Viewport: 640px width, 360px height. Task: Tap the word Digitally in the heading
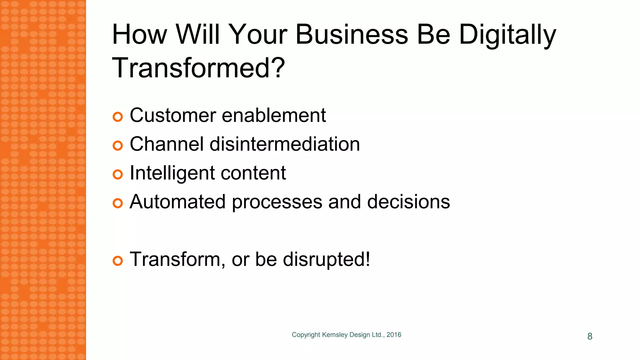[x=507, y=35]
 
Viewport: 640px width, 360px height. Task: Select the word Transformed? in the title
[x=198, y=68]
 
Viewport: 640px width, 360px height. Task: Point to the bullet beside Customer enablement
[x=118, y=117]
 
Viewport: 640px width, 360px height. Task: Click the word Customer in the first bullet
[x=173, y=115]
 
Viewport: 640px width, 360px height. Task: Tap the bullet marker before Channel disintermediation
[x=118, y=146]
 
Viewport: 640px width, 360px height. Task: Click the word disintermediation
[x=285, y=144]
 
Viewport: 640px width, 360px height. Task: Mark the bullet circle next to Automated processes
[x=118, y=203]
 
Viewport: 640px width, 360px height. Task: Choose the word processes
[x=277, y=202]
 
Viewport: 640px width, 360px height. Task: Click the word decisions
[x=408, y=202]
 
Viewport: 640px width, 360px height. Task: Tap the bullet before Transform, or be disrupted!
[x=118, y=261]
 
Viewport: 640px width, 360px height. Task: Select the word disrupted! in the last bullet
[x=327, y=259]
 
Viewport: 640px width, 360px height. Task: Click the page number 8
[x=590, y=336]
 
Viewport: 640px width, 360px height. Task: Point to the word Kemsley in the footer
[x=335, y=335]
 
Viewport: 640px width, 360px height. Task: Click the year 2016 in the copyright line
[x=394, y=335]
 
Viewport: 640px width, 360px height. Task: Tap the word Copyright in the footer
[x=306, y=335]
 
